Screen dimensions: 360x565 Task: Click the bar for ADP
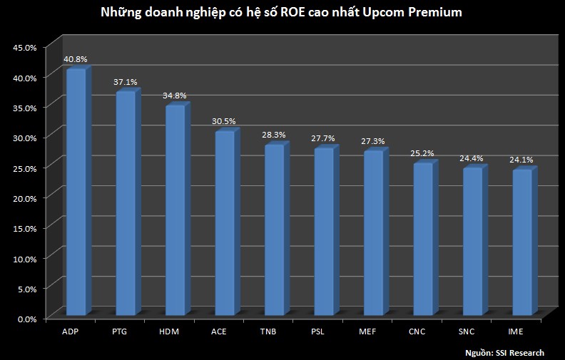(76, 192)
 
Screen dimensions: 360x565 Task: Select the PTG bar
(125, 204)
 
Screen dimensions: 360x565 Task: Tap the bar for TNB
(274, 230)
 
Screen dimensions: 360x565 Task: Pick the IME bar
(521, 243)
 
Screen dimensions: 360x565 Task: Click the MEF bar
(373, 233)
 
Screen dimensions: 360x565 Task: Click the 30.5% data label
(224, 122)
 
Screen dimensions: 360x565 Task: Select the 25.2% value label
(422, 153)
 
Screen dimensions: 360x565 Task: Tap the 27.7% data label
(323, 138)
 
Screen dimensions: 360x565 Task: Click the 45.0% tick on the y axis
(25, 48)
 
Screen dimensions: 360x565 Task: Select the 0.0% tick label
(26, 319)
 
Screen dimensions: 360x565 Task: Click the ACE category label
(220, 331)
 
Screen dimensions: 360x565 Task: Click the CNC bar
(422, 240)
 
